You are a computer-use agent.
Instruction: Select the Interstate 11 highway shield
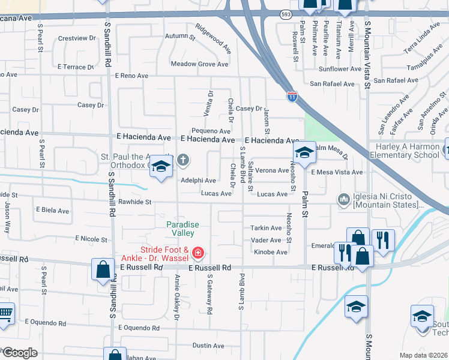coord(292,96)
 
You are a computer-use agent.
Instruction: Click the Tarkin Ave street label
coord(266,228)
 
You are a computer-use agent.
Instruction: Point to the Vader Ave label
coord(266,241)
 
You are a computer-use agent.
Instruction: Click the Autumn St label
coord(180,37)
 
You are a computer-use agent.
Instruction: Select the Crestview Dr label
coord(76,38)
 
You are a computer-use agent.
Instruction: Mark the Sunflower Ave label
coord(340,69)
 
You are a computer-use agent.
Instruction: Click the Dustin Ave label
coord(208,346)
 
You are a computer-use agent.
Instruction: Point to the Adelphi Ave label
coord(198,180)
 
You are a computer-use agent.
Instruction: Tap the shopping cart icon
coord(4,314)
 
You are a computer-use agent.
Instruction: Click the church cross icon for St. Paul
coord(183,160)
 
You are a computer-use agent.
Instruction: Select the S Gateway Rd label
coord(210,295)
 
